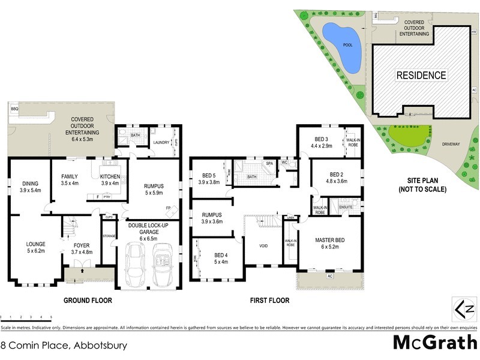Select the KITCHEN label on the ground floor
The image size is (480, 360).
point(110,176)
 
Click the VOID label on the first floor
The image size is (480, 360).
point(263,246)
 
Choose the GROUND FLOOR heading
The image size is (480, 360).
point(88,301)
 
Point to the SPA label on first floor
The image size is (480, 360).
point(269,163)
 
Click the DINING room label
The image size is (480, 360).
point(30,185)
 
